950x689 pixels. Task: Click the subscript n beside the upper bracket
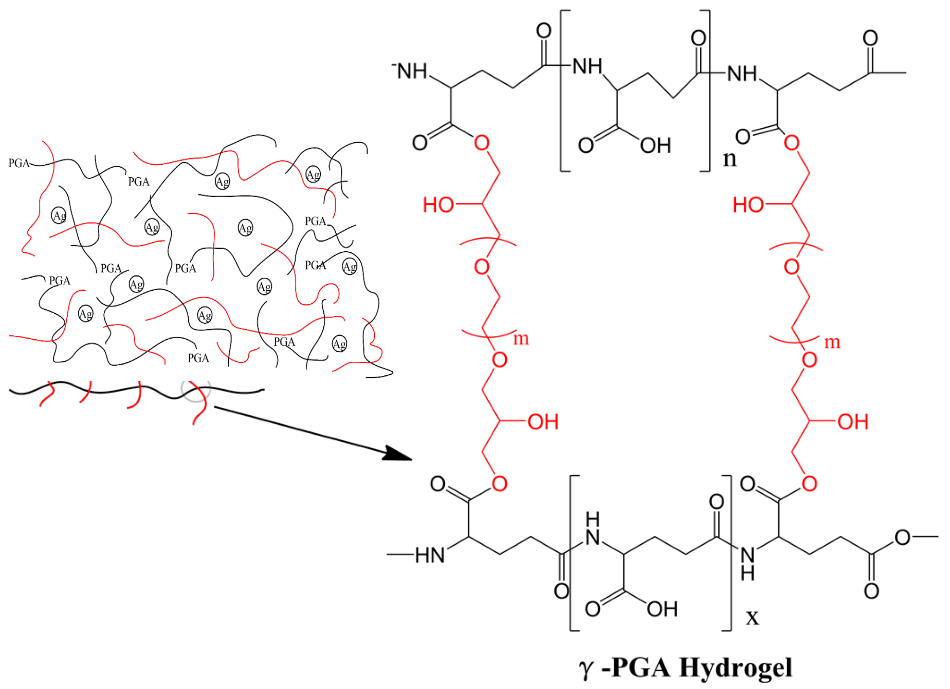click(x=729, y=159)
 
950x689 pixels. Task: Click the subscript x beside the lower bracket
click(x=752, y=617)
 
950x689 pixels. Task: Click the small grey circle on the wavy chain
click(x=195, y=387)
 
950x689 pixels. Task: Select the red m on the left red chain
click(x=521, y=339)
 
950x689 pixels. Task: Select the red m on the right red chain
click(x=832, y=342)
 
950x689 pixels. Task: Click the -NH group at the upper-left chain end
click(x=410, y=71)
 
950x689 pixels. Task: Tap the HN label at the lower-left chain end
click(x=430, y=555)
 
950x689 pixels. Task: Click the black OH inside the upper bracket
click(x=655, y=145)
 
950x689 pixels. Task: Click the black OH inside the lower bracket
click(x=662, y=609)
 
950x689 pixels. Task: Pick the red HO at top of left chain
click(x=438, y=205)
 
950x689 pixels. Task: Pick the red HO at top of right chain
click(x=748, y=205)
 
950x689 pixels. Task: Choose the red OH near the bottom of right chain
click(x=853, y=422)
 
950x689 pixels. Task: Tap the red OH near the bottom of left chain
click(x=543, y=422)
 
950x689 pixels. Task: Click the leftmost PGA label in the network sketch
click(x=19, y=163)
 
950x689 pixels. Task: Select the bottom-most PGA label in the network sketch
click(x=198, y=358)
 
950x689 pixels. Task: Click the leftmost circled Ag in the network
click(x=59, y=216)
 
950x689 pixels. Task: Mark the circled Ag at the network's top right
click(x=313, y=174)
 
